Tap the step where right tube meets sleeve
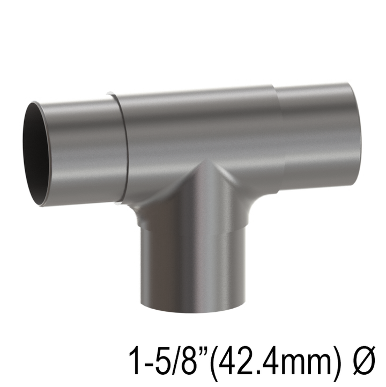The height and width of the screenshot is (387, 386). click(x=280, y=134)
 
